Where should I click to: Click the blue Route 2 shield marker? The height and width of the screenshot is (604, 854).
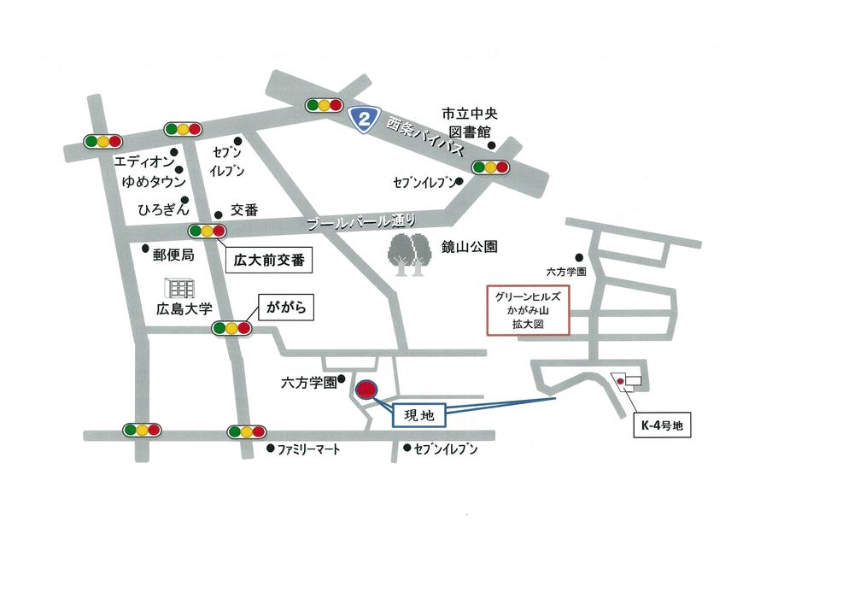[365, 119]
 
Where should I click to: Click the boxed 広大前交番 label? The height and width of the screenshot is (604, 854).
[269, 258]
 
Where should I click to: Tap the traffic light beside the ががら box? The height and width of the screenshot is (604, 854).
[232, 328]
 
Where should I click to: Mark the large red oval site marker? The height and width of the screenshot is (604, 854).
[366, 390]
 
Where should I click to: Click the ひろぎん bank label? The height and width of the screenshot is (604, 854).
[161, 208]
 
